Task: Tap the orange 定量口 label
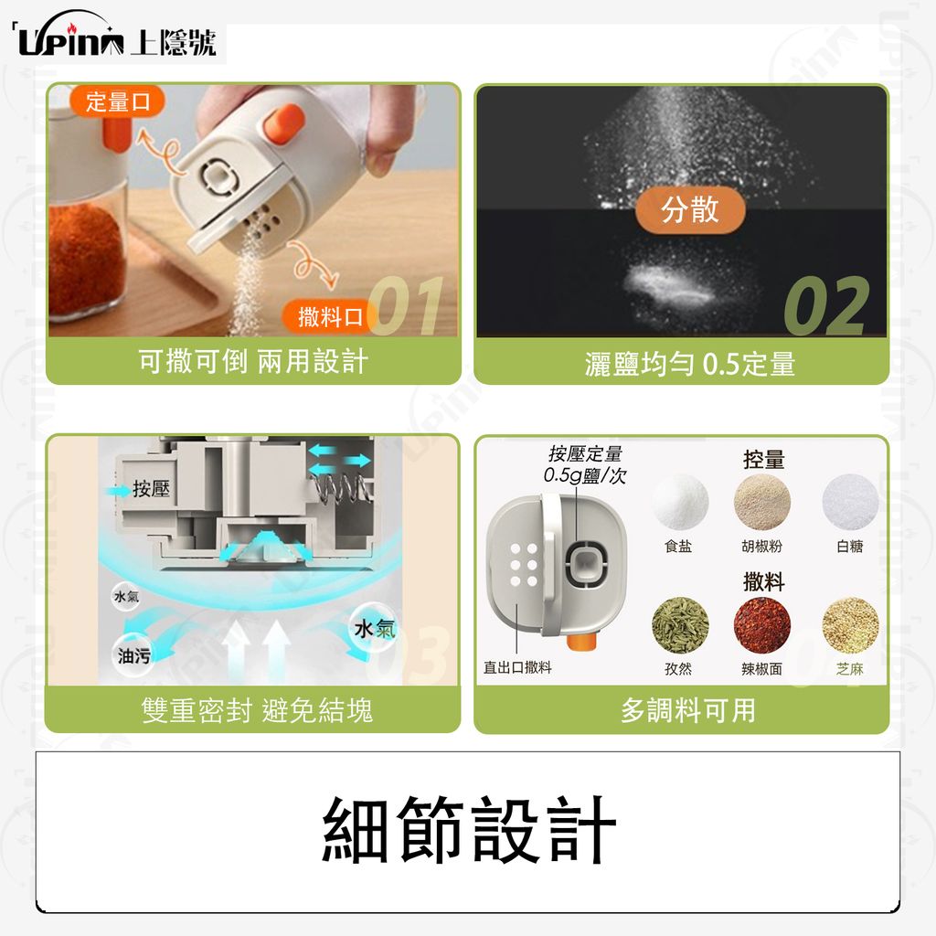point(117,101)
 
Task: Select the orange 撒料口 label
point(328,316)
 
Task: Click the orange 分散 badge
point(690,209)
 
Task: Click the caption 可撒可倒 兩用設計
point(253,362)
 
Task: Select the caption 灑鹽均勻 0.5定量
point(690,364)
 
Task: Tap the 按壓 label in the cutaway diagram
point(151,489)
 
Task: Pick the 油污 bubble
point(133,655)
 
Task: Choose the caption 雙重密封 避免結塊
point(257,710)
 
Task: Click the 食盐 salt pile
point(680,502)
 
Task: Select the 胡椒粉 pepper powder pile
point(762,502)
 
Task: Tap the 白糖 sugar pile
point(850,502)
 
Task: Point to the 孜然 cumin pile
point(680,625)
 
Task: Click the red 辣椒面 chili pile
point(762,625)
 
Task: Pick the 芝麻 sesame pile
point(850,625)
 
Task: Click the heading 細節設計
point(469,830)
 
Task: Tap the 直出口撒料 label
point(517,667)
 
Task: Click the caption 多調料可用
point(687,710)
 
